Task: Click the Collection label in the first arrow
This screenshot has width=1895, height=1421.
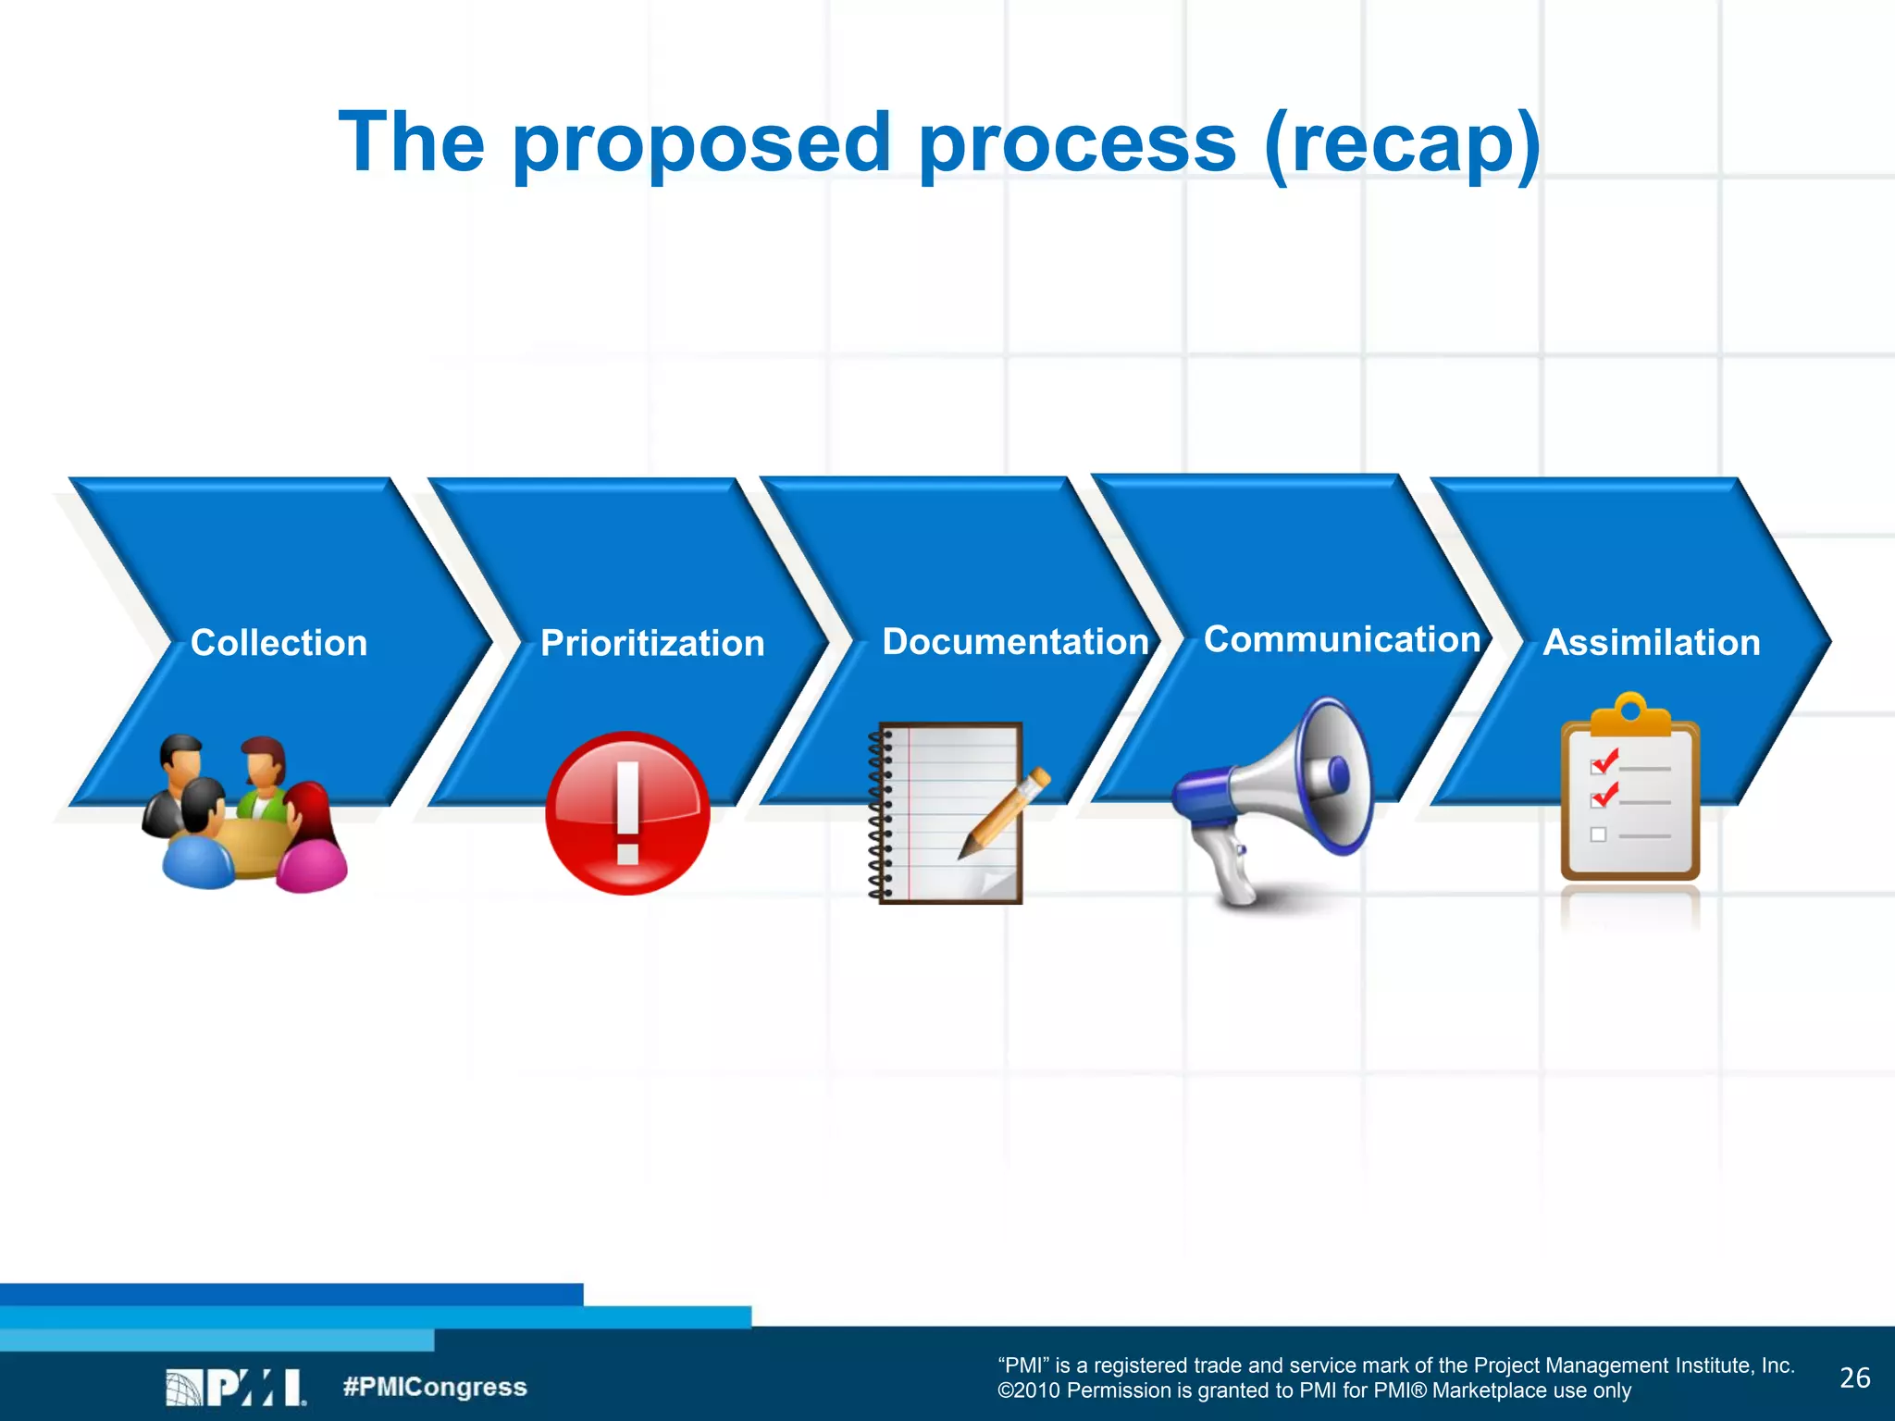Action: click(279, 643)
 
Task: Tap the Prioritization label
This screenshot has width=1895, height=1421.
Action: click(652, 643)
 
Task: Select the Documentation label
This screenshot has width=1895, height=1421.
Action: click(1015, 641)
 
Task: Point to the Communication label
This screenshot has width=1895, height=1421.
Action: click(1342, 639)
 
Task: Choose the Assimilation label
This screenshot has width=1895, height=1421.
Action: click(1652, 642)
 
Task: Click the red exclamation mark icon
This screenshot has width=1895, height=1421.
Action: click(627, 813)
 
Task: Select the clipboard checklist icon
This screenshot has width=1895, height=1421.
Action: click(1630, 791)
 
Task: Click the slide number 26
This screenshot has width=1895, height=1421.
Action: click(1854, 1378)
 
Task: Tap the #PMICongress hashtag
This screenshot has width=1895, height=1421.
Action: click(435, 1387)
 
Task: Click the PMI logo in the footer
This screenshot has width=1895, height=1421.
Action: click(236, 1387)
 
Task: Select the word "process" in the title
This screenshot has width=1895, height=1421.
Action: click(1077, 143)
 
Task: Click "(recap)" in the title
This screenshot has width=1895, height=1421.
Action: click(1403, 143)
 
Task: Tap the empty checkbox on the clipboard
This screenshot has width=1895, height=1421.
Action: click(1598, 834)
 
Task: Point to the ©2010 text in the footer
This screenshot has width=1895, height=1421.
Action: click(1028, 1391)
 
